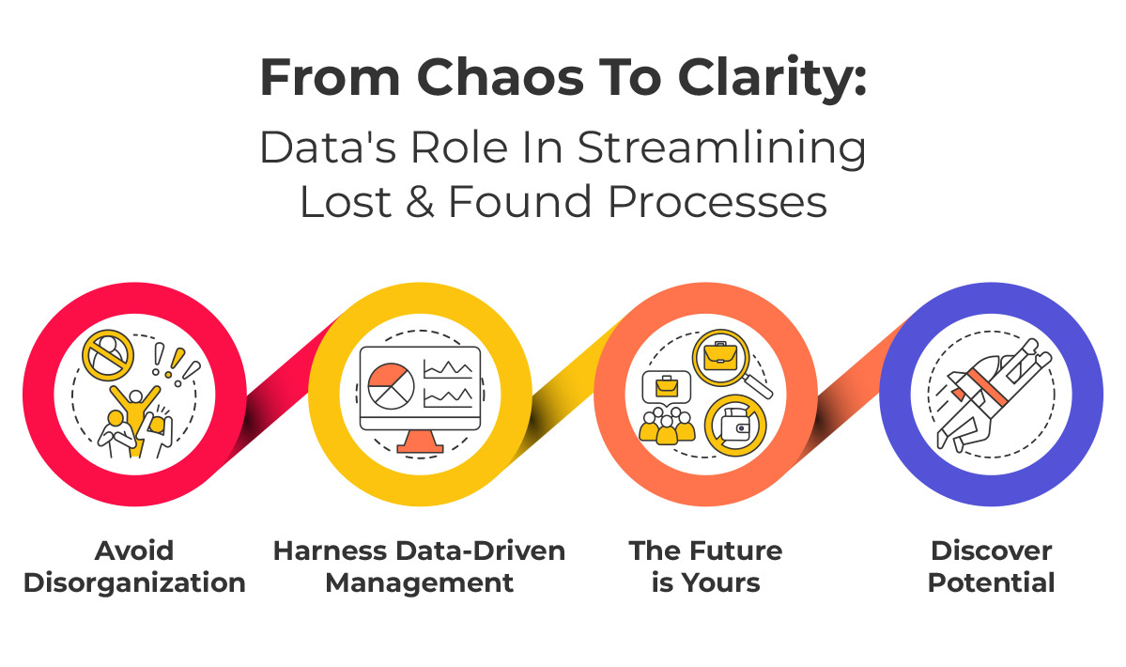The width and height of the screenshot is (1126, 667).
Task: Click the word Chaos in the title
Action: (501, 77)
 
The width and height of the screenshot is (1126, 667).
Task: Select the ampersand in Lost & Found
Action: (420, 202)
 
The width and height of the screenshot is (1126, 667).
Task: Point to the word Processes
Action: (717, 202)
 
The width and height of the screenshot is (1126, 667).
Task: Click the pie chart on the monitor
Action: (392, 386)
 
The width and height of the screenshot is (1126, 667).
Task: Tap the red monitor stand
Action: (420, 441)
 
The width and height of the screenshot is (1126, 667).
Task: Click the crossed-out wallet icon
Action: (735, 427)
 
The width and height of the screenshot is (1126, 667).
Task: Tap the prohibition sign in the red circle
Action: (108, 355)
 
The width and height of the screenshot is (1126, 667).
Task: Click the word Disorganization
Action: (134, 582)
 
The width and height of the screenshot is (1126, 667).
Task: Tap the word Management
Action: (420, 582)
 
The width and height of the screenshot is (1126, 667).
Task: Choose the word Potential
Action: (991, 582)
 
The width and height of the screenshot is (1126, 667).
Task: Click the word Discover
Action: (991, 551)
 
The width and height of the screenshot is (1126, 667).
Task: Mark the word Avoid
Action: (134, 551)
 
